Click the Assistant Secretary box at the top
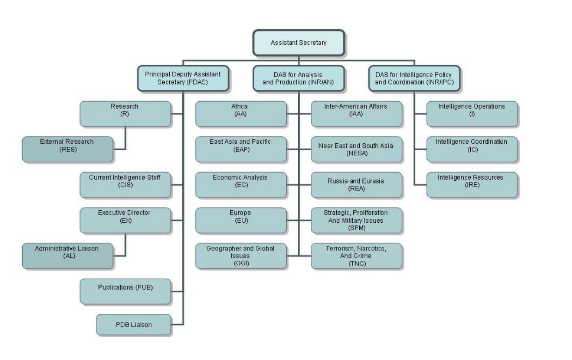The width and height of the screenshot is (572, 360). pyautogui.click(x=299, y=43)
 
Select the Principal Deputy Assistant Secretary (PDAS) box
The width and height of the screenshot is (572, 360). pyautogui.click(x=183, y=78)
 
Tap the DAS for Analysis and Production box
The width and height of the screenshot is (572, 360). pyautogui.click(x=299, y=78)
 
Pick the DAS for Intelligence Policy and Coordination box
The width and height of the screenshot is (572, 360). pyautogui.click(x=414, y=78)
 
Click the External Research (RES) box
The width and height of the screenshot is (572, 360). pyautogui.click(x=68, y=149)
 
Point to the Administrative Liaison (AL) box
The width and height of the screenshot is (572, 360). pyautogui.click(x=68, y=256)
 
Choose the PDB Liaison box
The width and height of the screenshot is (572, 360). pyautogui.click(x=134, y=324)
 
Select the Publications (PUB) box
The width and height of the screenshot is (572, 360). pyautogui.click(x=125, y=291)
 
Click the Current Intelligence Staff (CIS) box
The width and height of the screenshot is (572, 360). pyautogui.click(x=125, y=185)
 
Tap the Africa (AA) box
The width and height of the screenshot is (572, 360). pyautogui.click(x=240, y=114)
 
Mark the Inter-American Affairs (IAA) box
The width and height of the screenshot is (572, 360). pyautogui.click(x=356, y=114)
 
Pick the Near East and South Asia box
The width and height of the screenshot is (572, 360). pyautogui.click(x=356, y=149)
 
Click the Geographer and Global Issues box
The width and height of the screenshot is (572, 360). pyautogui.click(x=240, y=256)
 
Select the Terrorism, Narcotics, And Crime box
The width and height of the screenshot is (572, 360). pyautogui.click(x=356, y=256)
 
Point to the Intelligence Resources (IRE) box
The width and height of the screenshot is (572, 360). pyautogui.click(x=472, y=185)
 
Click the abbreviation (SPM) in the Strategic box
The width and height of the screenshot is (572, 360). pyautogui.click(x=356, y=228)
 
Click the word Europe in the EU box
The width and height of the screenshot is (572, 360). pyautogui.click(x=240, y=213)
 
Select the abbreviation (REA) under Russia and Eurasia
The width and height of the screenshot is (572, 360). pyautogui.click(x=356, y=189)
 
